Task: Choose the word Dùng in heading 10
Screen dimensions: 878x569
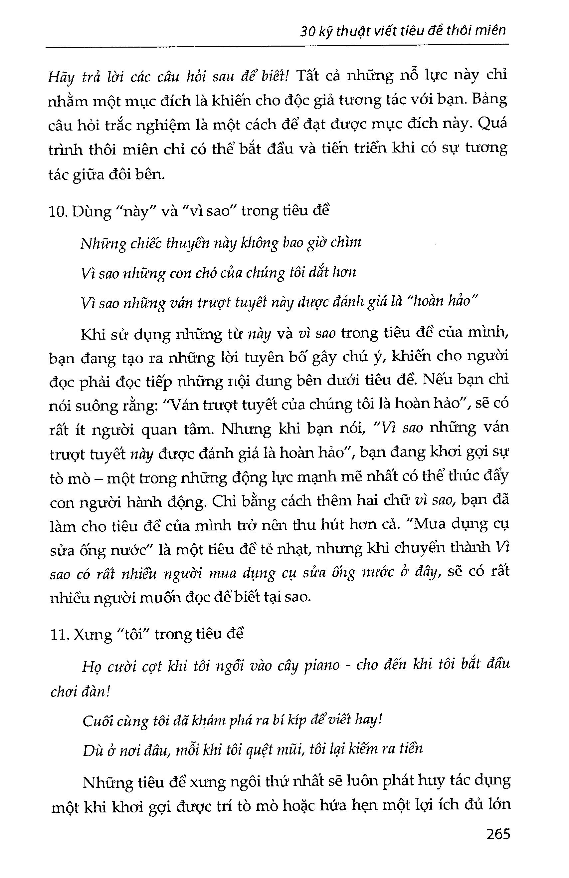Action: pyautogui.click(x=91, y=212)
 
